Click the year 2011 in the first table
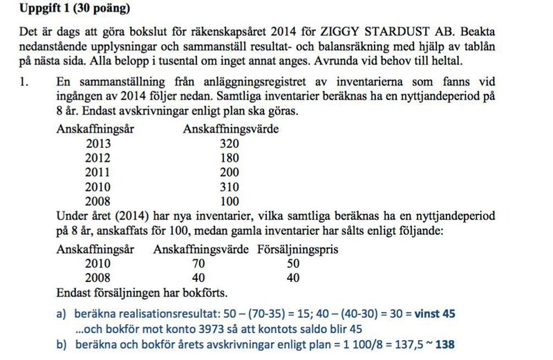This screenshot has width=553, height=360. pyautogui.click(x=97, y=172)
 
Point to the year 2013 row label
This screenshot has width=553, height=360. pyautogui.click(x=97, y=144)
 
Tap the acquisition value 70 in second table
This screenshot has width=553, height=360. pyautogui.click(x=198, y=263)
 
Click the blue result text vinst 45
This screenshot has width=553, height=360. pyautogui.click(x=435, y=314)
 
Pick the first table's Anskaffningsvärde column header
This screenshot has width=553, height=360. pyautogui.click(x=230, y=129)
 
